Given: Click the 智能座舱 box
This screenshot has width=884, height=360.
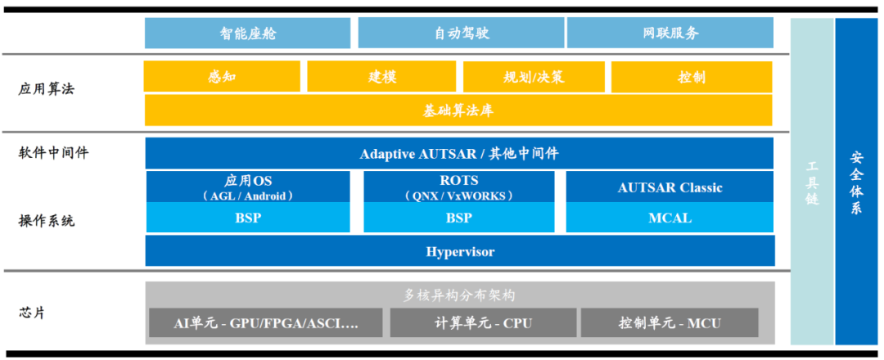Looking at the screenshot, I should click(x=248, y=34).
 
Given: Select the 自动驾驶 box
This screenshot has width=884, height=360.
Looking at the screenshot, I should click(x=461, y=34).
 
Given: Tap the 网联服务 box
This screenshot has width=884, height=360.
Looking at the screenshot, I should click(x=670, y=34).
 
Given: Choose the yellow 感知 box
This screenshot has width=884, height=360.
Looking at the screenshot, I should click(x=222, y=77).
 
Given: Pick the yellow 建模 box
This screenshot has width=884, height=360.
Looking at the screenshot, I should click(x=381, y=77).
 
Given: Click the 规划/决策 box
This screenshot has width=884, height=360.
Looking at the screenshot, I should click(x=534, y=77).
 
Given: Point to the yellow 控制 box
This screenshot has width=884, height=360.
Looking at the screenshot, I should click(x=691, y=77).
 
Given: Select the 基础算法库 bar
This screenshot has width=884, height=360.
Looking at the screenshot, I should click(x=458, y=110).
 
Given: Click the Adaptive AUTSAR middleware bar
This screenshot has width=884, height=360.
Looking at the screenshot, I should click(x=458, y=154).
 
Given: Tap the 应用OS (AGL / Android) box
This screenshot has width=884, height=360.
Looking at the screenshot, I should click(x=248, y=187).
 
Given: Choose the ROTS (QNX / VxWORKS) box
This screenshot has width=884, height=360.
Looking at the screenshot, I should click(x=458, y=187).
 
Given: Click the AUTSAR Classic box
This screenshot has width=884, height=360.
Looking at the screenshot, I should click(x=670, y=187).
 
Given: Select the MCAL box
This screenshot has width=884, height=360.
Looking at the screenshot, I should click(x=670, y=218).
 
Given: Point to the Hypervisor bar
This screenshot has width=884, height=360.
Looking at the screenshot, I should click(x=459, y=251).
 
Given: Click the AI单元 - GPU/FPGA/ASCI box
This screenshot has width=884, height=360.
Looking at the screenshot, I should click(x=266, y=323).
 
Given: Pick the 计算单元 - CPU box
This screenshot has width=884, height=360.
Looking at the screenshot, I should click(x=482, y=323).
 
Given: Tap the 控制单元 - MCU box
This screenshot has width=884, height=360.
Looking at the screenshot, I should click(x=669, y=323).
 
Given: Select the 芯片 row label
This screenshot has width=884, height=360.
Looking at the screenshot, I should click(x=32, y=313).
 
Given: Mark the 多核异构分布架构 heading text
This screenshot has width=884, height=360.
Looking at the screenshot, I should click(x=459, y=295).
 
